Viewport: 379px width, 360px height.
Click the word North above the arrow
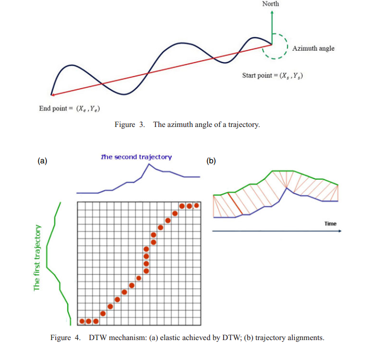pyautogui.click(x=270, y=4)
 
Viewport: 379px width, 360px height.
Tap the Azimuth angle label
pyautogui.click(x=313, y=48)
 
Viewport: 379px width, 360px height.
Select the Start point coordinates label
pyautogui.click(x=273, y=76)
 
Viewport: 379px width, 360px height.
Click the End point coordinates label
pyautogui.click(x=72, y=109)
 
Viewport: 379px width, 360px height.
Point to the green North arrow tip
pyautogui.click(x=271, y=11)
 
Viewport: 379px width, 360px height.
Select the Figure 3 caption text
pyautogui.click(x=187, y=124)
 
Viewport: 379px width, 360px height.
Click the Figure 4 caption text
pyautogui.click(x=187, y=338)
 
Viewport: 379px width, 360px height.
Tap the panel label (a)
pyautogui.click(x=42, y=160)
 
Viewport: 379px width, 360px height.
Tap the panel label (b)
pyautogui.click(x=211, y=160)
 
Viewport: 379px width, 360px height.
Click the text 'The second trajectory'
pyautogui.click(x=136, y=157)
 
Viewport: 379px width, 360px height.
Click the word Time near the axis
pyautogui.click(x=331, y=224)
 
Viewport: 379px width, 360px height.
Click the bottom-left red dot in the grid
pyautogui.click(x=82, y=321)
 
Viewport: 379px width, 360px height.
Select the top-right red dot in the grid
pyautogui.click(x=196, y=205)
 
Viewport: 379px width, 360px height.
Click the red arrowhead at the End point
pyautogui.click(x=53, y=94)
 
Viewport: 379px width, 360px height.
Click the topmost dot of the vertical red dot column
pyautogui.click(x=146, y=249)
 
